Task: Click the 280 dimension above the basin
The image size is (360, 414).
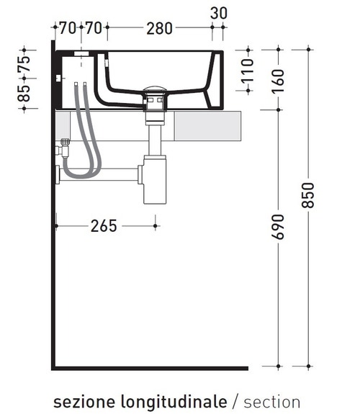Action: click(x=159, y=29)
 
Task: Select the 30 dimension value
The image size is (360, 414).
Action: click(x=219, y=12)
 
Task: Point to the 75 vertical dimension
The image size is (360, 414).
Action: click(x=24, y=64)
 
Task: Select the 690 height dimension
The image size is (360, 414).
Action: click(x=279, y=227)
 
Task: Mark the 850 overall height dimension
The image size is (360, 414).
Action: click(x=308, y=193)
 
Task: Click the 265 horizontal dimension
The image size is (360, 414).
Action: click(x=104, y=226)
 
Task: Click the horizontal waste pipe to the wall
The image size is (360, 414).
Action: click(x=101, y=174)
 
